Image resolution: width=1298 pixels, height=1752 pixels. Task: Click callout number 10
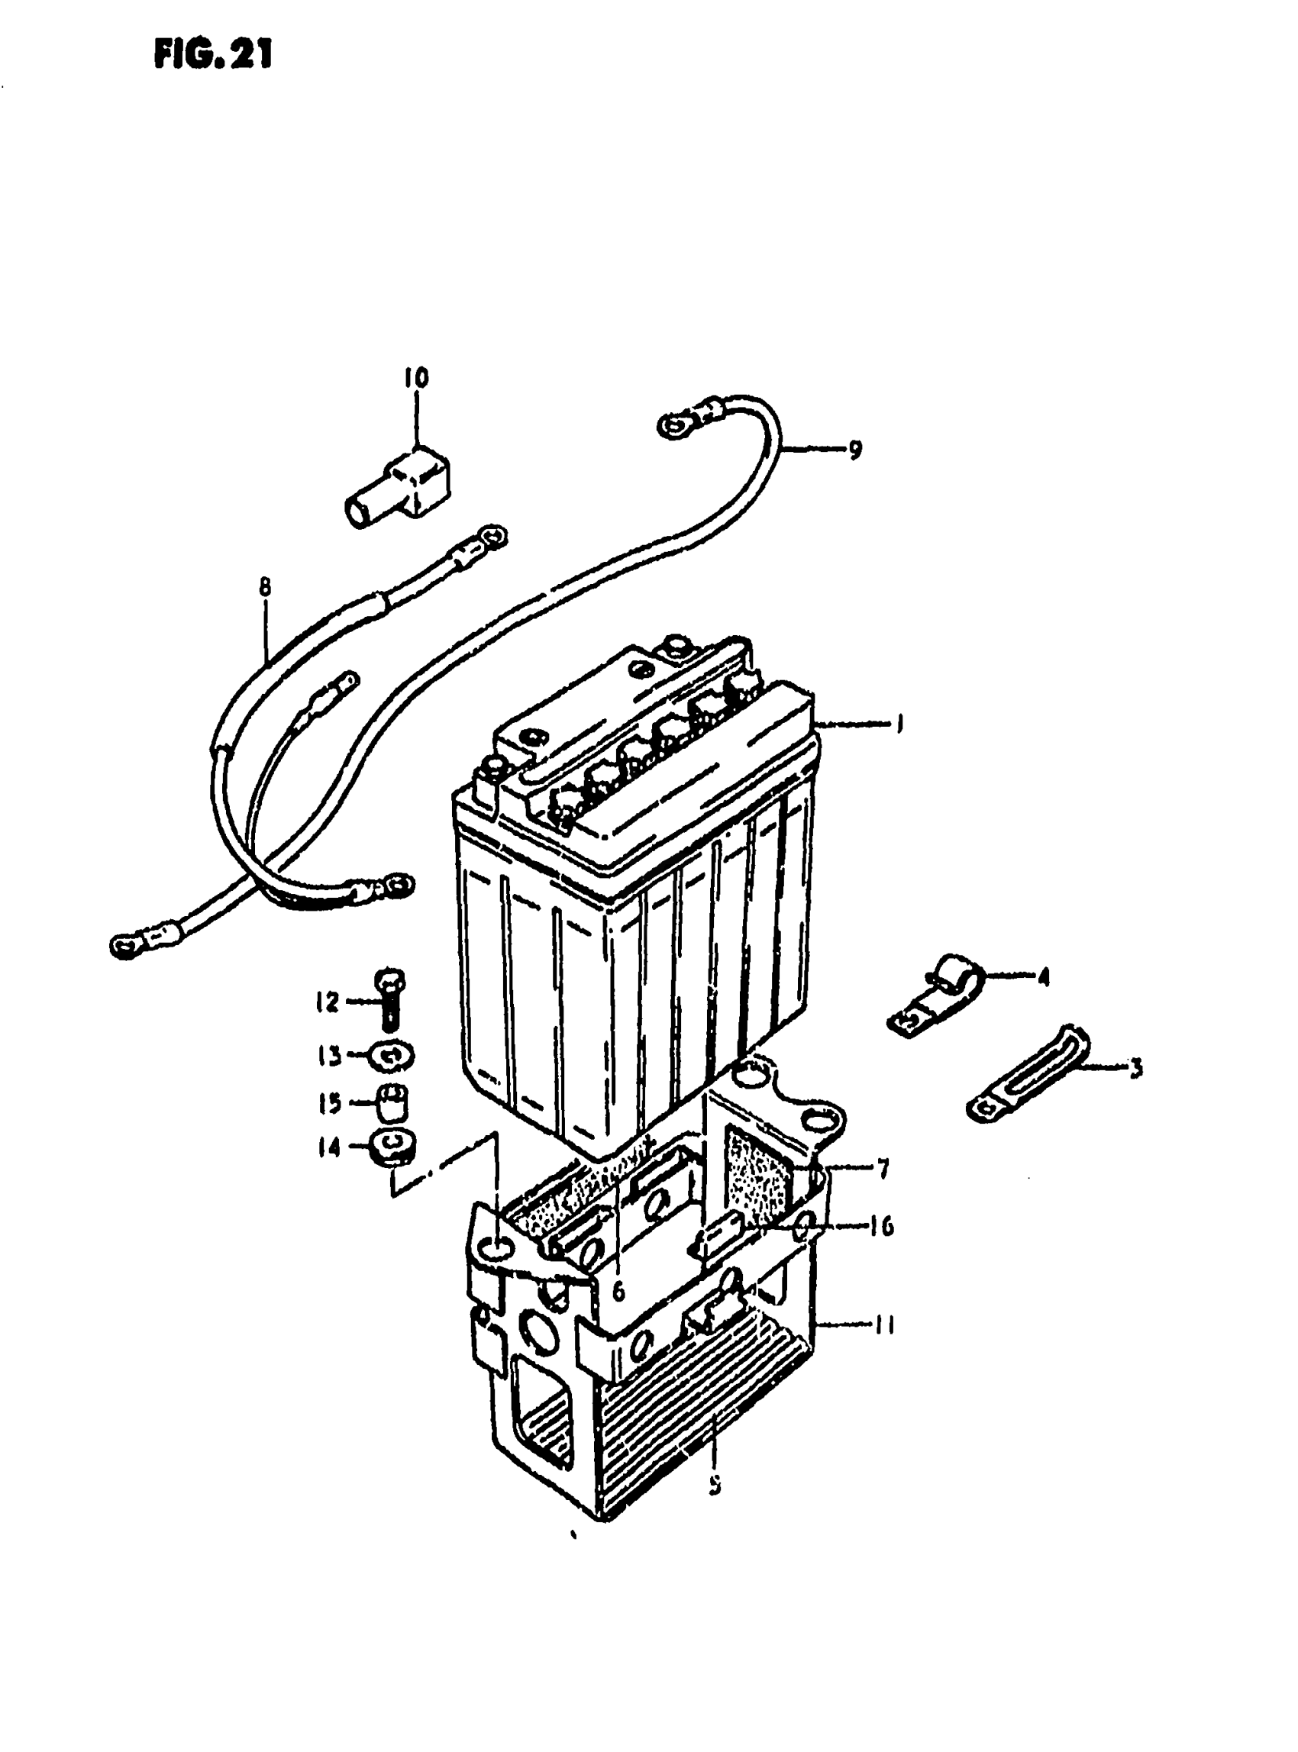pyautogui.click(x=416, y=378)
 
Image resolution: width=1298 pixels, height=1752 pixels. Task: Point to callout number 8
pyautogui.click(x=264, y=586)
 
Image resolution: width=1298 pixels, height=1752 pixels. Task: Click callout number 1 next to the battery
pyautogui.click(x=898, y=723)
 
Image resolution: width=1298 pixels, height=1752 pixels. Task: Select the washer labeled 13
pyautogui.click(x=391, y=1056)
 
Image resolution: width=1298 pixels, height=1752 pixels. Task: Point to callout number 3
pyautogui.click(x=1135, y=1069)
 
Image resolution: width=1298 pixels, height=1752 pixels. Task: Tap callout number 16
pyautogui.click(x=881, y=1226)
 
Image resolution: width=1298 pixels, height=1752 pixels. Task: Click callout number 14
pyautogui.click(x=328, y=1148)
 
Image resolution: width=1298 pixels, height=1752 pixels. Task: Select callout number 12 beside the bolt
pyautogui.click(x=327, y=1002)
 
